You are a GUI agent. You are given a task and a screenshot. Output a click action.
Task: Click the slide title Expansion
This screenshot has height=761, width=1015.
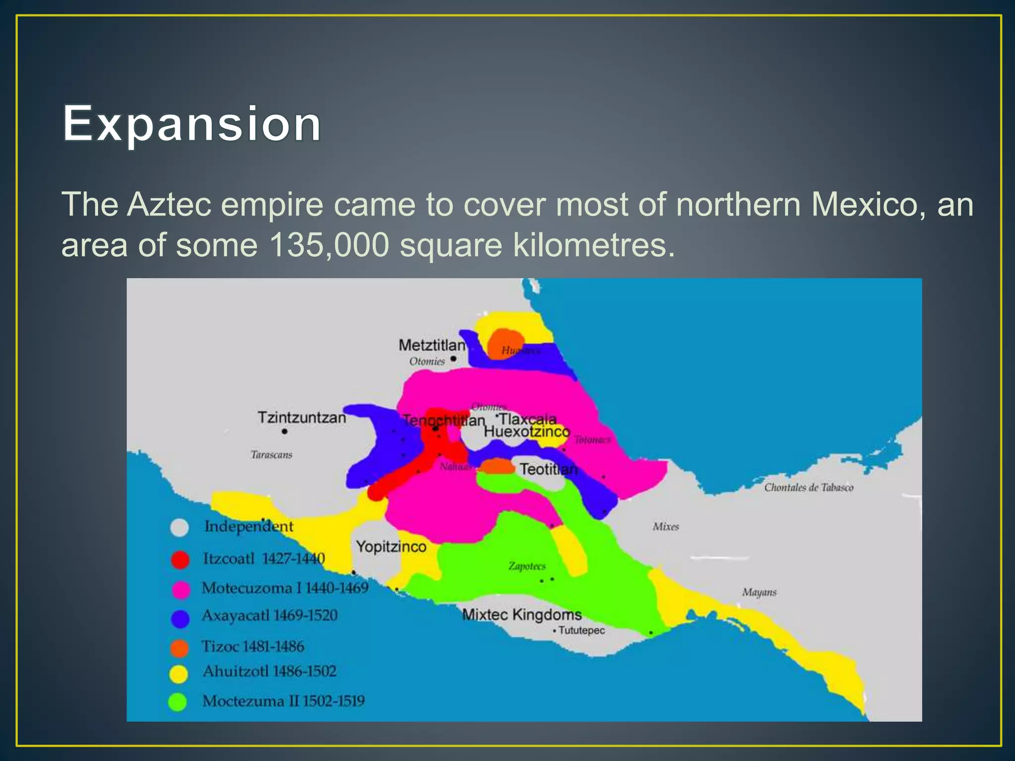point(192,123)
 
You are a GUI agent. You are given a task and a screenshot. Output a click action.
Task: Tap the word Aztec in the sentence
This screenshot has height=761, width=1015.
point(169,204)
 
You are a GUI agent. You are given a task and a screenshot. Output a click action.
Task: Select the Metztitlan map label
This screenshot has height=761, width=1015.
point(432,345)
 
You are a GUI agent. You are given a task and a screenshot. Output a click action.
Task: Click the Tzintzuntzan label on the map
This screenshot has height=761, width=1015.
point(301,417)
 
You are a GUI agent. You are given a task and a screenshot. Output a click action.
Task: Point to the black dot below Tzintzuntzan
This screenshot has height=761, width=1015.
point(284,432)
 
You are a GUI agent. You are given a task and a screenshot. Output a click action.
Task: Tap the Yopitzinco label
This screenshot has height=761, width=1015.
point(391,546)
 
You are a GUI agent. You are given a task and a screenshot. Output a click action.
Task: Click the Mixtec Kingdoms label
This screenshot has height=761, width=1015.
point(521,614)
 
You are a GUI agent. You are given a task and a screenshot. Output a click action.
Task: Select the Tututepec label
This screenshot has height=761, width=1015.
point(581,630)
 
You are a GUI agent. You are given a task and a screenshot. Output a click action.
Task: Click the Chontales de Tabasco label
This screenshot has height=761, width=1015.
point(808,488)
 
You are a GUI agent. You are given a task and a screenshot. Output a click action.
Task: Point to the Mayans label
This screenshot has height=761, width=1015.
point(759,592)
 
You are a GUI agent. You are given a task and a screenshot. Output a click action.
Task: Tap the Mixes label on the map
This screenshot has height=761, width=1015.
point(666,527)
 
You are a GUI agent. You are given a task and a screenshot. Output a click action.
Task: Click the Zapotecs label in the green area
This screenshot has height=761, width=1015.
point(527,566)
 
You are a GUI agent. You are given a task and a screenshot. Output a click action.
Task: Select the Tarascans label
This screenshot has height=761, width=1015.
point(271,455)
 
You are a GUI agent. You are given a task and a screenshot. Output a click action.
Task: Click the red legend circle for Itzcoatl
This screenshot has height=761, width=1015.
point(180,559)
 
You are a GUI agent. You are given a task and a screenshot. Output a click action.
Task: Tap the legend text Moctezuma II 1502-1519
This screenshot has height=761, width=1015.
point(283,701)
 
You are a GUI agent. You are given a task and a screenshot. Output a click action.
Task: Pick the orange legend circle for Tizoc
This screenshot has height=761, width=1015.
point(179,648)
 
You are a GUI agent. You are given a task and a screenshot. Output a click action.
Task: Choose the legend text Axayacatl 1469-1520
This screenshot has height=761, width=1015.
point(270,615)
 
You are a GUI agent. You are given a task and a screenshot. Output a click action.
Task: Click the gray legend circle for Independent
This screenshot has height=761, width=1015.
point(179,528)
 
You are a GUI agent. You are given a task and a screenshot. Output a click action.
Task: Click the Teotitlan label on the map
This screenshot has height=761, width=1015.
point(548,469)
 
